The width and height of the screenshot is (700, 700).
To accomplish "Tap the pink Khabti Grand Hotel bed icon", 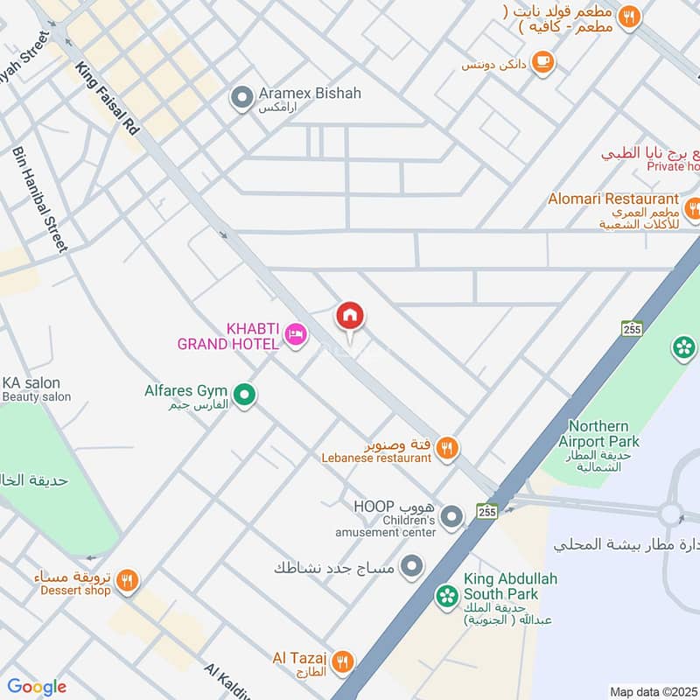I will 296,334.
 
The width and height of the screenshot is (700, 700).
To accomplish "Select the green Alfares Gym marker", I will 245,396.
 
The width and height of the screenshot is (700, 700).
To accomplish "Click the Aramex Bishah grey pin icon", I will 241,99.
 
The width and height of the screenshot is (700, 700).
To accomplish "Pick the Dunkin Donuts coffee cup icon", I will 543,61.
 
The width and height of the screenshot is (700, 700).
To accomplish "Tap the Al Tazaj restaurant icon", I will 343,661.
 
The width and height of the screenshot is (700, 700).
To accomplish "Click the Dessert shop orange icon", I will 127,581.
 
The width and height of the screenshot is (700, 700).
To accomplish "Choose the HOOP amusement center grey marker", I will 451,517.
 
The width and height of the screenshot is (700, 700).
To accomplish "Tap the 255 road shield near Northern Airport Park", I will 632,329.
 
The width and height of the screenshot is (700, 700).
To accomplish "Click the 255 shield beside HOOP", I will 488,511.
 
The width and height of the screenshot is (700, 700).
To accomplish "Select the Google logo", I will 37,687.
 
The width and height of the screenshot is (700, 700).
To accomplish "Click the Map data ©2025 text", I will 653,691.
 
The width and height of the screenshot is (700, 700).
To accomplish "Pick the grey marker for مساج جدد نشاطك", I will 410,566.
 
